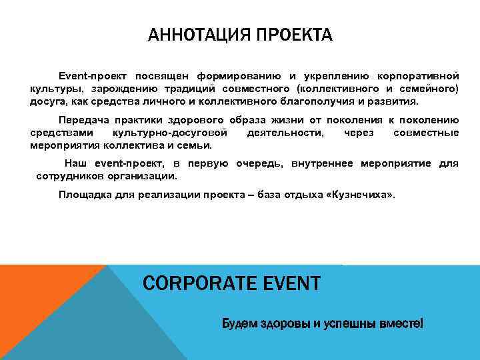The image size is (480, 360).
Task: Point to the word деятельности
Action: pyautogui.click(x=286, y=133)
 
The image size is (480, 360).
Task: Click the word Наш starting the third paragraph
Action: pyautogui.click(x=74, y=164)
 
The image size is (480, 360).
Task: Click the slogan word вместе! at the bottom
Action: pyautogui.click(x=401, y=324)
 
